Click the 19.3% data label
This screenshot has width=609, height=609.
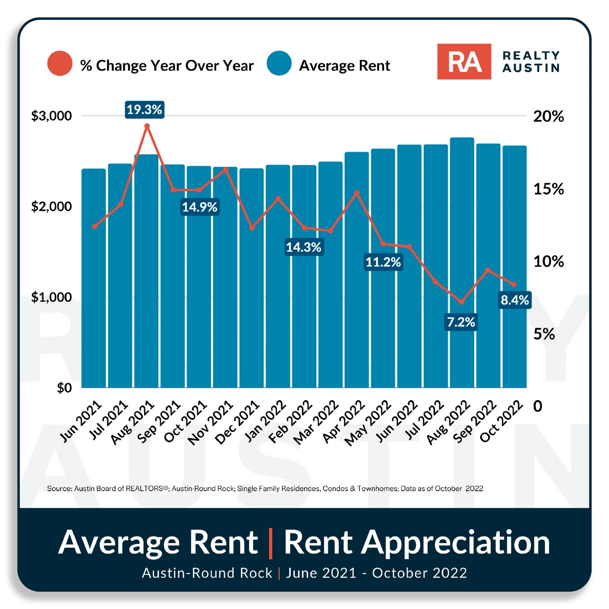(x=145, y=110)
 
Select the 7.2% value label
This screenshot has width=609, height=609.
(x=461, y=322)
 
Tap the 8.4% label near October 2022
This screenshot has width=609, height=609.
(x=515, y=300)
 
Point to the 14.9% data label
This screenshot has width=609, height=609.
(x=200, y=207)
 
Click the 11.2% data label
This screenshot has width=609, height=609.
(x=383, y=262)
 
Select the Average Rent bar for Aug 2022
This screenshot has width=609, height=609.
(x=462, y=264)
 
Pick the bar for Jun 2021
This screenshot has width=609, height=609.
(x=94, y=279)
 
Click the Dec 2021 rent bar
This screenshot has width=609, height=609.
(x=252, y=279)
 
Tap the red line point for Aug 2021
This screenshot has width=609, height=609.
(x=147, y=126)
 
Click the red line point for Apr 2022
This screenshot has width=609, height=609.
(x=357, y=193)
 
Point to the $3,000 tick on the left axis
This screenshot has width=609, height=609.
(x=52, y=116)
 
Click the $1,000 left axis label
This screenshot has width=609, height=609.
(x=52, y=297)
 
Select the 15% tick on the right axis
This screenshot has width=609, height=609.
(x=548, y=189)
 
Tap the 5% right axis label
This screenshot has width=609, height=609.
(x=544, y=334)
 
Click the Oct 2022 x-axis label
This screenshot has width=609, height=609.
(x=501, y=421)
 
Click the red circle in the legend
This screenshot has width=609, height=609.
(x=60, y=63)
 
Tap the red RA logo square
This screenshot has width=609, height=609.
(x=464, y=61)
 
